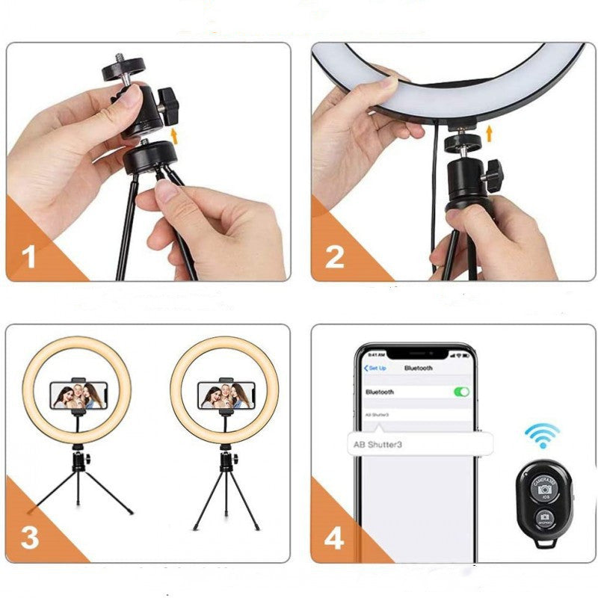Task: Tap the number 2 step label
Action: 334,258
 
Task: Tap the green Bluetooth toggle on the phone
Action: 461,392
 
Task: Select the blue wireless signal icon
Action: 542,435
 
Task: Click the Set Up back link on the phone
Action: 374,369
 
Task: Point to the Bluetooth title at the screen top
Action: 418,369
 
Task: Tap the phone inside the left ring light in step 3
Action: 77,395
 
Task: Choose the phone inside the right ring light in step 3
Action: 224,395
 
